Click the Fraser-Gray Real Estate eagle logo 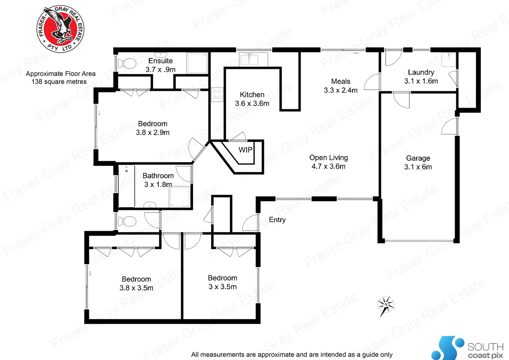(x=60, y=29)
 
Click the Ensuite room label (x=161, y=61)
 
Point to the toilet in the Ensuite (x=127, y=63)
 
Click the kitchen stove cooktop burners (x=217, y=95)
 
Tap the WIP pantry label (x=246, y=150)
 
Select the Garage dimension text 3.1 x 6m (x=418, y=167)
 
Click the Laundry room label (x=421, y=72)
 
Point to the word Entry (x=277, y=220)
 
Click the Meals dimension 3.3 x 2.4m (x=340, y=90)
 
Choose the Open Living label (x=328, y=158)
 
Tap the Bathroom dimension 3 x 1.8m (x=158, y=184)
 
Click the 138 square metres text (x=59, y=82)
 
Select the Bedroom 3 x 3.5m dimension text (x=223, y=287)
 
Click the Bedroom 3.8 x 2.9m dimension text (x=153, y=132)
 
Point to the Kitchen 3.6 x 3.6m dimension (x=252, y=103)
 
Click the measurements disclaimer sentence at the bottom (x=291, y=354)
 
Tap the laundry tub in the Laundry (x=448, y=60)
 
